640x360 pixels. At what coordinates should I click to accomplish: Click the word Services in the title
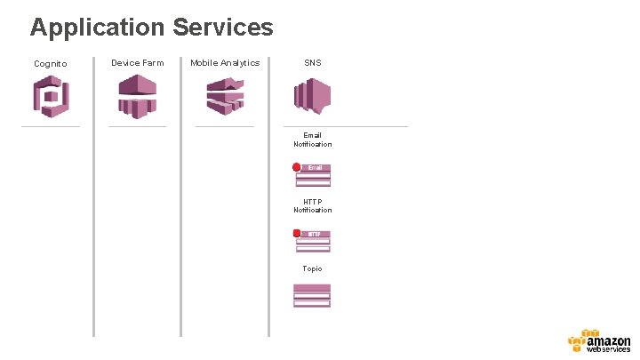(x=223, y=28)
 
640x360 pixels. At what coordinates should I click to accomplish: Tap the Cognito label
(x=50, y=64)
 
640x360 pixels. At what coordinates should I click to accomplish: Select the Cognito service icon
(x=51, y=96)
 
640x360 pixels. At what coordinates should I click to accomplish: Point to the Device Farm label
(x=138, y=63)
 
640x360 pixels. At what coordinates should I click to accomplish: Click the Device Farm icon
(x=138, y=95)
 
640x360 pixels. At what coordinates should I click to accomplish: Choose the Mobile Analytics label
(x=225, y=62)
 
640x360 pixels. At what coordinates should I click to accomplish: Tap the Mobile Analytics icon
(x=225, y=95)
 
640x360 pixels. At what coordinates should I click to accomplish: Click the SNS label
(x=313, y=63)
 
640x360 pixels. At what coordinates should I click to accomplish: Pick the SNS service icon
(x=313, y=95)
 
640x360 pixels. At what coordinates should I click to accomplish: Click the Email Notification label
(x=313, y=140)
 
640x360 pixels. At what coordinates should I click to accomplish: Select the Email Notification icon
(x=314, y=175)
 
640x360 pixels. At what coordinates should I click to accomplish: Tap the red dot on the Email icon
(x=297, y=167)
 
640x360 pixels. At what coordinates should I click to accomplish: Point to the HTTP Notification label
(x=313, y=205)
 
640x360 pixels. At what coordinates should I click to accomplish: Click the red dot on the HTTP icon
(x=297, y=234)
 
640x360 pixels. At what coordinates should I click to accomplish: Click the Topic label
(x=312, y=268)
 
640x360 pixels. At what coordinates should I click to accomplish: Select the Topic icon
(x=312, y=296)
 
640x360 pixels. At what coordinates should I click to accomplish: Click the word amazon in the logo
(x=609, y=340)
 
